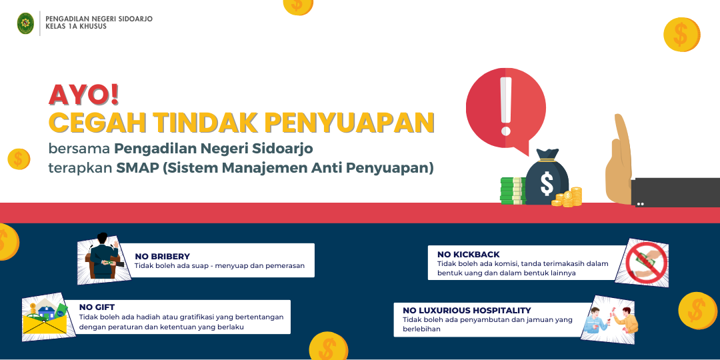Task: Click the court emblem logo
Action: (25, 23)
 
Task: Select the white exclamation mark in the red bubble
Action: (505, 106)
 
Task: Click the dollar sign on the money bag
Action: (547, 183)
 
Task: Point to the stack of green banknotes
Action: (513, 191)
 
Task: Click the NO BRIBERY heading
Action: (162, 256)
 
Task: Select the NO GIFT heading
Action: (97, 307)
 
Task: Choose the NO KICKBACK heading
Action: (469, 255)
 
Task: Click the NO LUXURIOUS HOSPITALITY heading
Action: (467, 311)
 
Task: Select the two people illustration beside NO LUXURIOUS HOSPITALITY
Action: (609, 319)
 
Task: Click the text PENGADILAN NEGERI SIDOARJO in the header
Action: (99, 19)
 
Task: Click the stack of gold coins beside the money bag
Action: (568, 197)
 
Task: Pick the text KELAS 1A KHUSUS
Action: (76, 27)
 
